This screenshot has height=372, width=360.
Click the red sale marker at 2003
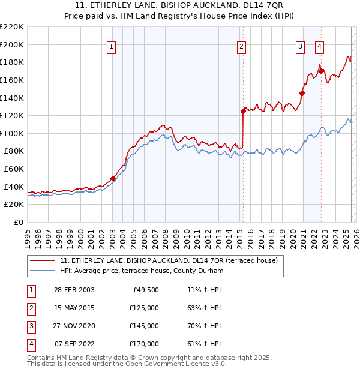point(113,178)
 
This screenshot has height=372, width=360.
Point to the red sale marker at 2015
point(243,111)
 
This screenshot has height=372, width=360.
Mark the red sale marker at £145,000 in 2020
point(302,93)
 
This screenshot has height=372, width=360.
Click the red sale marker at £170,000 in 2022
point(321,71)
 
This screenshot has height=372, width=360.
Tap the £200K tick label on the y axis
point(13,44)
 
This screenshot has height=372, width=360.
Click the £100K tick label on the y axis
point(13,133)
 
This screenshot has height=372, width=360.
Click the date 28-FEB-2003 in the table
point(74,290)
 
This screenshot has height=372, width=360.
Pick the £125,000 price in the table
point(144,308)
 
